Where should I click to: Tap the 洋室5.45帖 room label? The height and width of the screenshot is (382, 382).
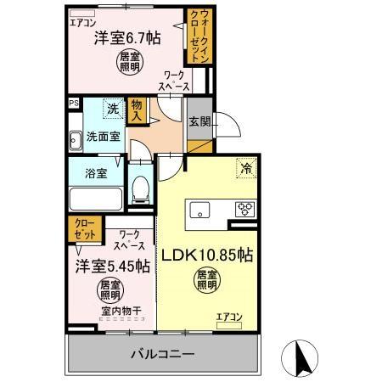114,265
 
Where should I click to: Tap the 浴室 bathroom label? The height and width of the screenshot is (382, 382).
96,174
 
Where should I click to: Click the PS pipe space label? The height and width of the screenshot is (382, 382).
74,104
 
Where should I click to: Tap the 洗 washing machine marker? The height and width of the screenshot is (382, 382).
113,109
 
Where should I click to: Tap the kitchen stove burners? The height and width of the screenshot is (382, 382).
246,209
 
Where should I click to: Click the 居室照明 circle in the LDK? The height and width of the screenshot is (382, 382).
207,279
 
